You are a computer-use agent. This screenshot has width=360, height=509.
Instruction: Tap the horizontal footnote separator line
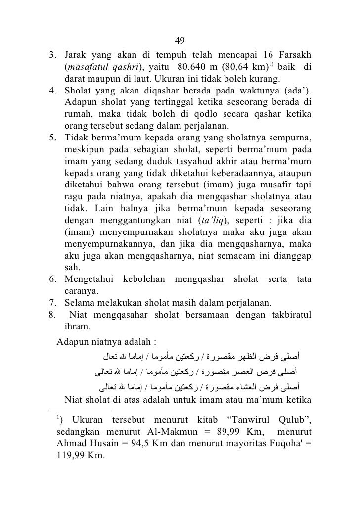click(x=82, y=410)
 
